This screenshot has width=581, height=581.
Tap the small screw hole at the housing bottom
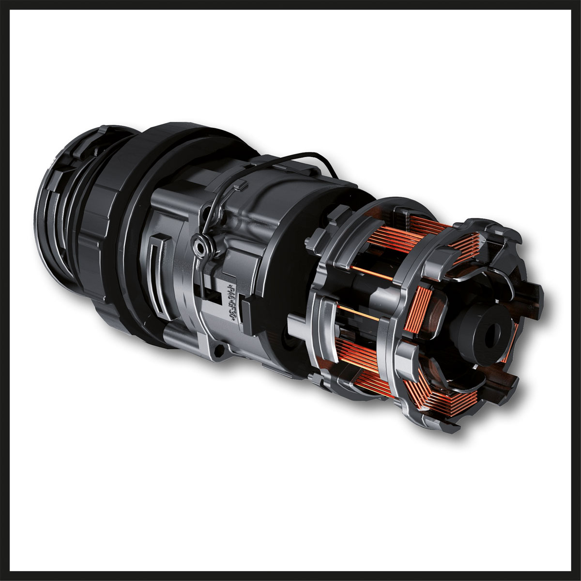pos(219,352)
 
